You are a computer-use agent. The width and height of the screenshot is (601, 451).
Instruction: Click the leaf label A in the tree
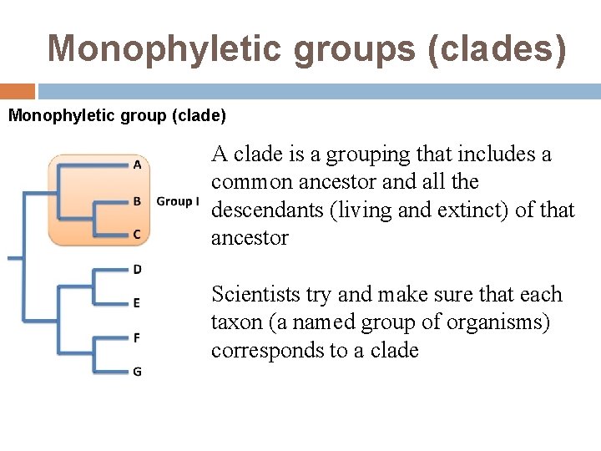pos(137,165)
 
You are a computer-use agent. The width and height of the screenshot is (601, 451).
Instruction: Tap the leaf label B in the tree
pos(137,200)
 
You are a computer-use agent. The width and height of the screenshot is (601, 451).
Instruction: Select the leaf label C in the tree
pos(137,235)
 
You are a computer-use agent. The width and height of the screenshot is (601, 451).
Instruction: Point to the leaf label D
pos(137,269)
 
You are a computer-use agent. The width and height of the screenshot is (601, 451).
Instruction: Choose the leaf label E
pos(137,303)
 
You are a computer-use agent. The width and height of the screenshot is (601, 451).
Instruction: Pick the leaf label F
pos(137,337)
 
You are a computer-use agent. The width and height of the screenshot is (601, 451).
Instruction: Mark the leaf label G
pos(137,372)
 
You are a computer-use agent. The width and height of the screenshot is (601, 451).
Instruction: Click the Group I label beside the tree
pos(178,201)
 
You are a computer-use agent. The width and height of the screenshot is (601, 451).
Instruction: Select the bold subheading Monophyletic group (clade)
pos(117,114)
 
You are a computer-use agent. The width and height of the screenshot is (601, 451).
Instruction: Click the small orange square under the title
pos(18,91)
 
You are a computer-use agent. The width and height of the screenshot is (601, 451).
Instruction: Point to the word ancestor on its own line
pos(250,238)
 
